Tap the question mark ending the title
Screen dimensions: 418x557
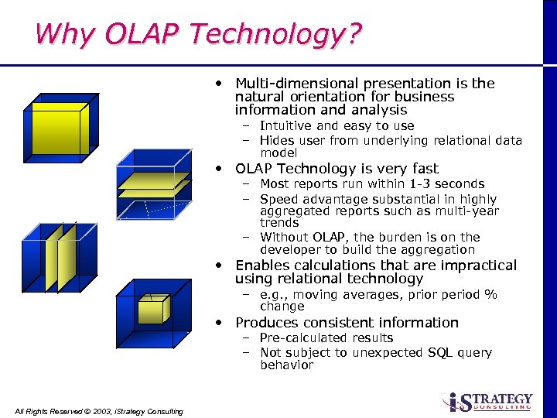coord(353,34)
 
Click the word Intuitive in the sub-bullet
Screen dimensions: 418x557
coord(286,126)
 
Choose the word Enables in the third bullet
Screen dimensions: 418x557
coord(265,266)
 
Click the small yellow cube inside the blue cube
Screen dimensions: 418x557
coord(153,310)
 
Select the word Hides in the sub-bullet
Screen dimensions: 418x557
coord(277,141)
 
